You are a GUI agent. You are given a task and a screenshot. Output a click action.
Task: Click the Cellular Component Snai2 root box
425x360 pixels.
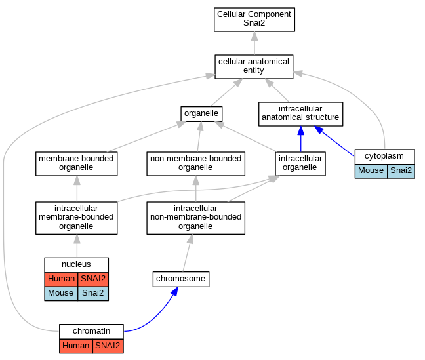[254, 20]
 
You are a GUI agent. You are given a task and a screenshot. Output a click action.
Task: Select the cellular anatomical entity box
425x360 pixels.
[254, 67]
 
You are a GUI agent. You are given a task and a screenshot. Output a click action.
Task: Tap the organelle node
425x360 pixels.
[201, 114]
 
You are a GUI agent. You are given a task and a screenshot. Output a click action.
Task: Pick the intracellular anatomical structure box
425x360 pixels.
[300, 114]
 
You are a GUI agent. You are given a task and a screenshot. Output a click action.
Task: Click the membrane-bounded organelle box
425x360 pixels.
[77, 164]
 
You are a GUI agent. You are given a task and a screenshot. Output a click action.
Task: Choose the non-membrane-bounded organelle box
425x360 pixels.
[195, 164]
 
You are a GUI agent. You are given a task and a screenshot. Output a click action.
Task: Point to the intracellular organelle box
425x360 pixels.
[300, 164]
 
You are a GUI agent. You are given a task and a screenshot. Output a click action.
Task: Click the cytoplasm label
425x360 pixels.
[384, 156]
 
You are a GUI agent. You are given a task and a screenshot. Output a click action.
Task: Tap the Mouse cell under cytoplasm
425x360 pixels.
[371, 171]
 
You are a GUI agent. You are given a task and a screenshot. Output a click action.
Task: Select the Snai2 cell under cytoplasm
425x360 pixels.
[401, 171]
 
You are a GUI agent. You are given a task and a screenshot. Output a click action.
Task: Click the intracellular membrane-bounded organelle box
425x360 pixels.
[77, 218]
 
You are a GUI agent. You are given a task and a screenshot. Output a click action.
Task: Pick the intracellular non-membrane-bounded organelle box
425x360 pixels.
[195, 218]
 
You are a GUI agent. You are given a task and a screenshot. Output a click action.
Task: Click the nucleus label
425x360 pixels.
[76, 264]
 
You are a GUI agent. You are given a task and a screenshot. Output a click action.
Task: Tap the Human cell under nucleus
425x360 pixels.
[61, 279]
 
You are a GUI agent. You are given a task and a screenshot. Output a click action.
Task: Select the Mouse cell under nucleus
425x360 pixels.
[61, 294]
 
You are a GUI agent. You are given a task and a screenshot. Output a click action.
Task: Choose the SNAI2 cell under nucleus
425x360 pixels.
[93, 279]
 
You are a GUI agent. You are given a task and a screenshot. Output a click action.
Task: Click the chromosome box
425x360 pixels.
[181, 279]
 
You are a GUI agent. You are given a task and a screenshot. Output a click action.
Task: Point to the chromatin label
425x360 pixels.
[91, 331]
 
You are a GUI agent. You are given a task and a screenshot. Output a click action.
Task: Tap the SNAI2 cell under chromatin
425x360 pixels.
[108, 346]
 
